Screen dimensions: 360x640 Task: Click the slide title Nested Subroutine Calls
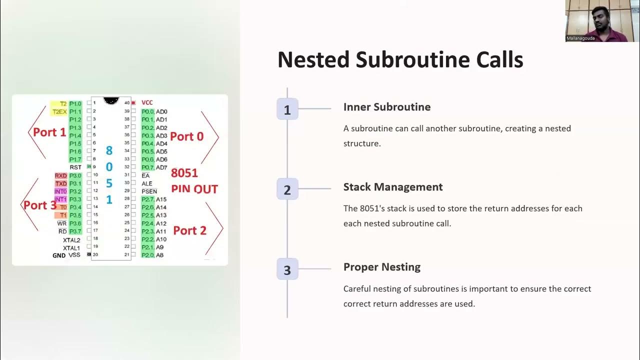pos(400,59)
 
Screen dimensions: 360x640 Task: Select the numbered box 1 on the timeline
pos(287,109)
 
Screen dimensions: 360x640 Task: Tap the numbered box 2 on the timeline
pos(287,189)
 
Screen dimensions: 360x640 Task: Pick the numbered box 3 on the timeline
pos(287,269)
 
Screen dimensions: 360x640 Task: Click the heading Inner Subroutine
pos(386,107)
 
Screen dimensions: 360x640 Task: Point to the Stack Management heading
pos(392,187)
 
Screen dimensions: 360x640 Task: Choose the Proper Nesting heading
pos(381,267)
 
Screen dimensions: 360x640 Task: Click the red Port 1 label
pos(49,132)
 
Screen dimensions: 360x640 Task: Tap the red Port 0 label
pos(186,136)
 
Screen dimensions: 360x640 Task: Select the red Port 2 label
pos(189,230)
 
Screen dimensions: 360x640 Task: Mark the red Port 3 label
pos(39,205)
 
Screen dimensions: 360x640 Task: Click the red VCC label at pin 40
pos(147,102)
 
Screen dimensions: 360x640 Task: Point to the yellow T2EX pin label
pos(59,111)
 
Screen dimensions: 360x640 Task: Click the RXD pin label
pos(60,175)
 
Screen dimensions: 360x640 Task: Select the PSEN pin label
pos(149,191)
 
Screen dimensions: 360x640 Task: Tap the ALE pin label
pos(147,183)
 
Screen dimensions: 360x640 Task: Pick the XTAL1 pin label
pos(71,247)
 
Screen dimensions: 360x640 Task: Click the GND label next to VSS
pos(59,255)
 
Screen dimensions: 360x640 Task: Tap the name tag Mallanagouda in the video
pos(580,38)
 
